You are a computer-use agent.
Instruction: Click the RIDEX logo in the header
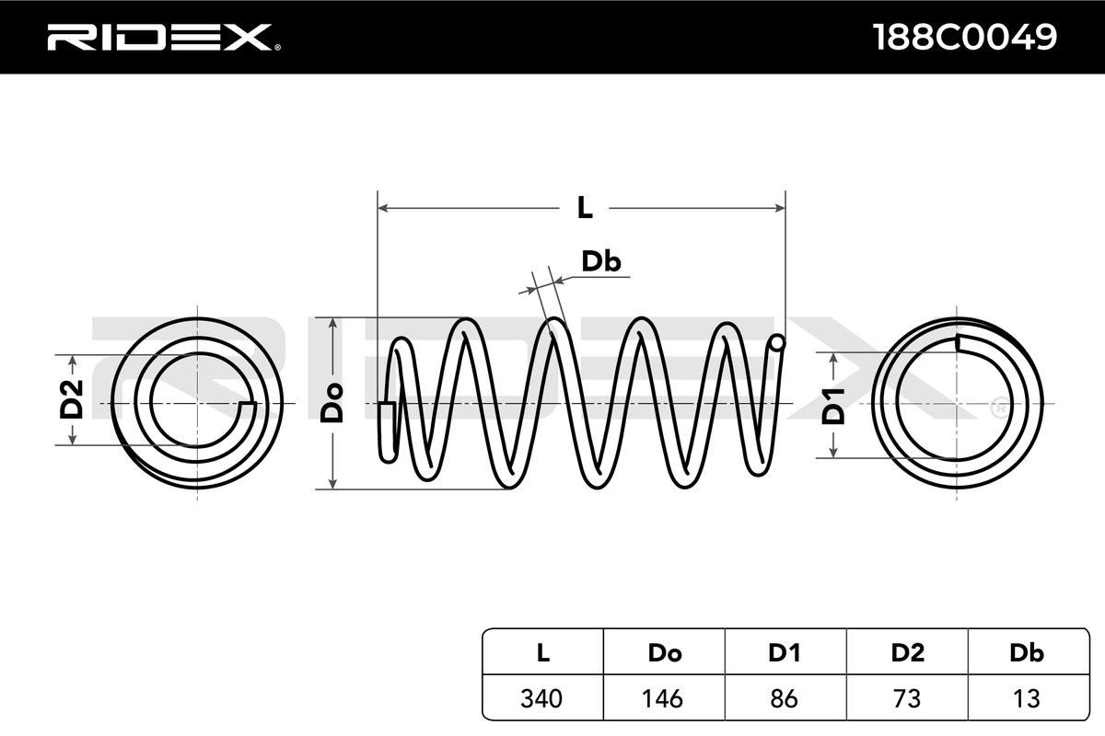tap(164, 38)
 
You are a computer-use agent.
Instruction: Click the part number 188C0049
tap(964, 37)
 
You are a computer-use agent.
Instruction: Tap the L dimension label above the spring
tap(585, 208)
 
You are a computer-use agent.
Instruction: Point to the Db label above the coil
tap(600, 261)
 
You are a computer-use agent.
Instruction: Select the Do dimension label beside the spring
tap(331, 403)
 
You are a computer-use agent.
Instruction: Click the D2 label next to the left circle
tap(72, 399)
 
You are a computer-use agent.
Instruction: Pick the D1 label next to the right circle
tap(833, 407)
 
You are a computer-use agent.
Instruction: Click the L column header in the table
tap(542, 653)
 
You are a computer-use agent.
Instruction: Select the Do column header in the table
tap(665, 653)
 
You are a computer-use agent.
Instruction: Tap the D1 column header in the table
tap(784, 653)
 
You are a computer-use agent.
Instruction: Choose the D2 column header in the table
tap(907, 653)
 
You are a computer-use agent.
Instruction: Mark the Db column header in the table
tap(1027, 653)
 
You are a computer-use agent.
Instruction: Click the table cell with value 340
tap(541, 698)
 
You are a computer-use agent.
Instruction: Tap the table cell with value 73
tap(907, 698)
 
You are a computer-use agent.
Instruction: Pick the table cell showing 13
tap(1027, 698)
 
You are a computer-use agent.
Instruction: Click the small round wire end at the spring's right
tap(777, 342)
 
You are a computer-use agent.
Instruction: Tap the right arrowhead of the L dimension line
tap(780, 208)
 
